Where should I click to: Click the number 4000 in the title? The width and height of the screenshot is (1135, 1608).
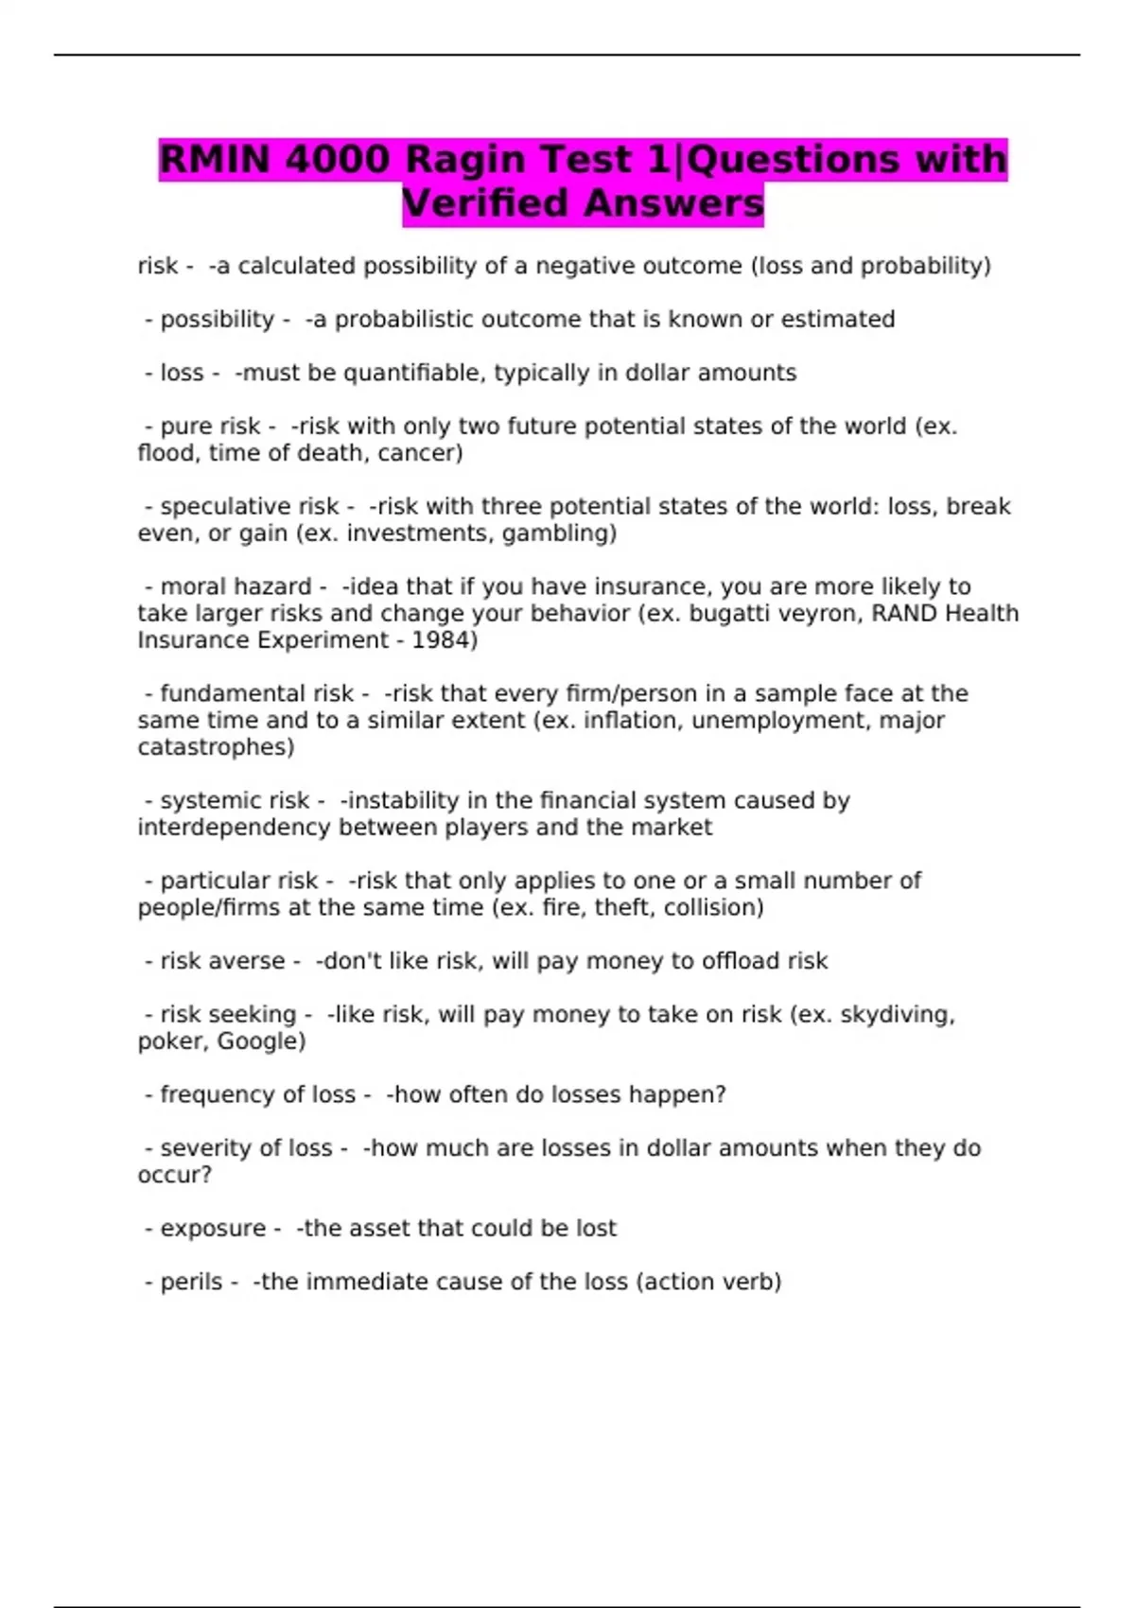point(337,159)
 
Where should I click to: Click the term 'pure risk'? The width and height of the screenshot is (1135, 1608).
point(210,427)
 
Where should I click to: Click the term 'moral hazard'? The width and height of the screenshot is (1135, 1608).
point(236,586)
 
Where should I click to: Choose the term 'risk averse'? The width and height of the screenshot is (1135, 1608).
point(222,961)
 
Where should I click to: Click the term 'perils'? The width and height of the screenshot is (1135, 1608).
point(191,1283)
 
